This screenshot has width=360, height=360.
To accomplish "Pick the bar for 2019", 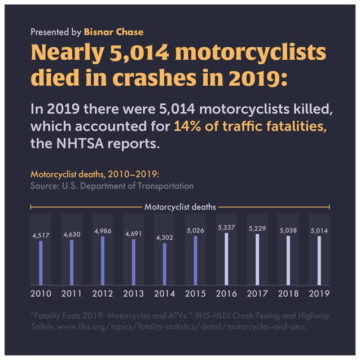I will tap(319, 261).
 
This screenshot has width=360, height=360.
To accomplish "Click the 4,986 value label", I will tap(103, 231).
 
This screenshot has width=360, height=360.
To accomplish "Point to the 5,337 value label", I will tap(226, 227).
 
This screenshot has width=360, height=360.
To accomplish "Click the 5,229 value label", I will tap(257, 229).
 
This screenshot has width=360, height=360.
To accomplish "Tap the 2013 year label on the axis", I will tap(133, 293).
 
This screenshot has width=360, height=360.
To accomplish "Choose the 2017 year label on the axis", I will tap(257, 293).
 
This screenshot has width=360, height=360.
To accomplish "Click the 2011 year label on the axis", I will tap(72, 293).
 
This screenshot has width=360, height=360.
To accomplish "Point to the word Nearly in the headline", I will tap(62, 53).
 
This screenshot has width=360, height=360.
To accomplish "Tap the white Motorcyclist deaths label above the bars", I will tap(180, 207).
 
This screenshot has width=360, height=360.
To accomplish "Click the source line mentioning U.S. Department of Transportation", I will tap(112, 186).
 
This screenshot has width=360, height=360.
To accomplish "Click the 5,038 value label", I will tap(288, 231).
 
